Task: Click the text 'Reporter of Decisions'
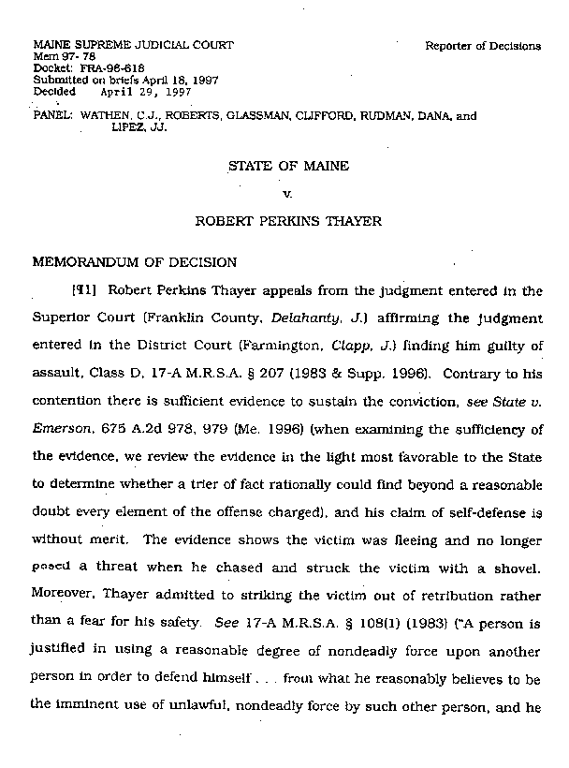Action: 482,45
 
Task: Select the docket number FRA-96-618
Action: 93,68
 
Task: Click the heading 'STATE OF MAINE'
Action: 288,166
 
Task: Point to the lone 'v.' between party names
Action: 288,195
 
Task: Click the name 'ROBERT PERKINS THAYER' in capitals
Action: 288,224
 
